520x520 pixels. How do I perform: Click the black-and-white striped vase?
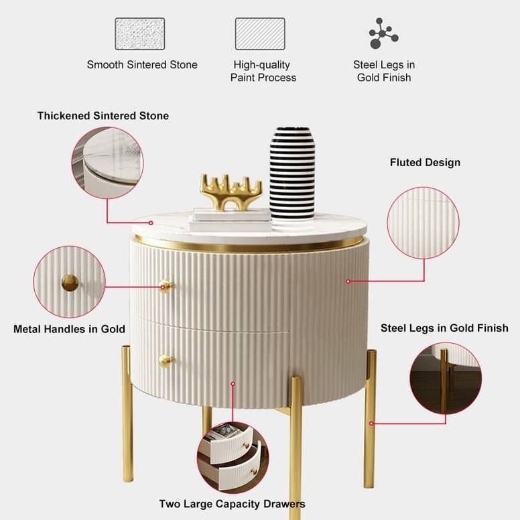point(292,174)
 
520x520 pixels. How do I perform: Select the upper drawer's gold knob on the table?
point(166,286)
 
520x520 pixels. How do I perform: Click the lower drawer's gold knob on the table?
point(166,361)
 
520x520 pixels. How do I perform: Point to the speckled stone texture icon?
point(140,34)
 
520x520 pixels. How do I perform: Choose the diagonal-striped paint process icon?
point(260,34)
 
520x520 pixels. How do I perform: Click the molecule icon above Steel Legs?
point(383,33)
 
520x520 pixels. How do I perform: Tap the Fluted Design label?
point(425,162)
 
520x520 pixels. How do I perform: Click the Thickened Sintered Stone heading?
point(103,116)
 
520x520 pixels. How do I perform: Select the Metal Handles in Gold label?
point(69,329)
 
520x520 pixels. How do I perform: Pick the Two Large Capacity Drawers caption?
point(232,504)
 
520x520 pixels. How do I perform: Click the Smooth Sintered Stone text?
point(142,65)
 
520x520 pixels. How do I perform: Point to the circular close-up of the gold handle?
point(69,282)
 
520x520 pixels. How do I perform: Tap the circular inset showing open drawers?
point(233,458)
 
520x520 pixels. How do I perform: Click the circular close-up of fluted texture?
point(423,223)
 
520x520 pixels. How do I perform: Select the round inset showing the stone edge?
point(107,163)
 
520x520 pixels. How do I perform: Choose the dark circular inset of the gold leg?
point(446,379)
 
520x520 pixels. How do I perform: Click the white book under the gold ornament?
point(231,220)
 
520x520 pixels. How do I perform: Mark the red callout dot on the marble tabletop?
point(151,223)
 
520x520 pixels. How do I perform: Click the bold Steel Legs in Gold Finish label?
point(444,328)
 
